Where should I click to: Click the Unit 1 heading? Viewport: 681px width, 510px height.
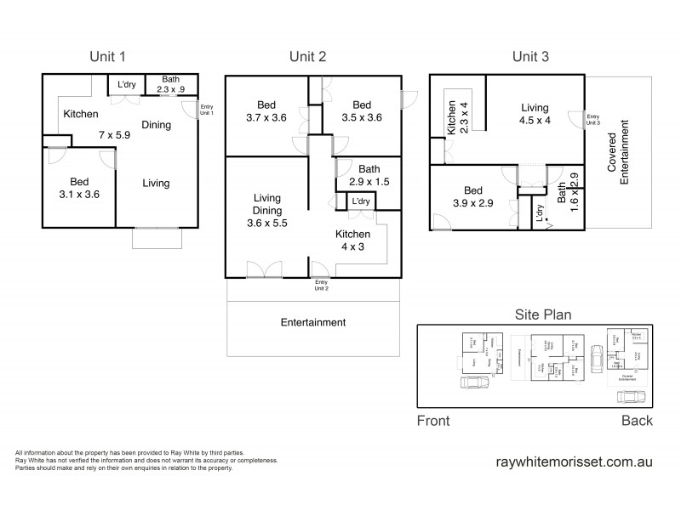tap(108, 57)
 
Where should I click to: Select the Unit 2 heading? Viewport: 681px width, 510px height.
tap(308, 57)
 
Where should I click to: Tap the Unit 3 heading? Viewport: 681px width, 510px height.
tap(530, 57)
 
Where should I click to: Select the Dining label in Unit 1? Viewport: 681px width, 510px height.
tap(156, 125)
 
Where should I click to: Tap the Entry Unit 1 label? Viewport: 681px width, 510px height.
tap(207, 110)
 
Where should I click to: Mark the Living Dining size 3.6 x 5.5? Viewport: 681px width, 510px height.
tap(266, 221)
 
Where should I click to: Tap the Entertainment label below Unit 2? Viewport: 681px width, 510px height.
tap(313, 323)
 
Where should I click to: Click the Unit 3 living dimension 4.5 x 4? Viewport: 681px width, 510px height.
tap(535, 120)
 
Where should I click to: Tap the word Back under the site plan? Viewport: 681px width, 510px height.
tap(636, 421)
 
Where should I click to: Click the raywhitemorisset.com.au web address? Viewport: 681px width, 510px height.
tap(574, 462)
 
